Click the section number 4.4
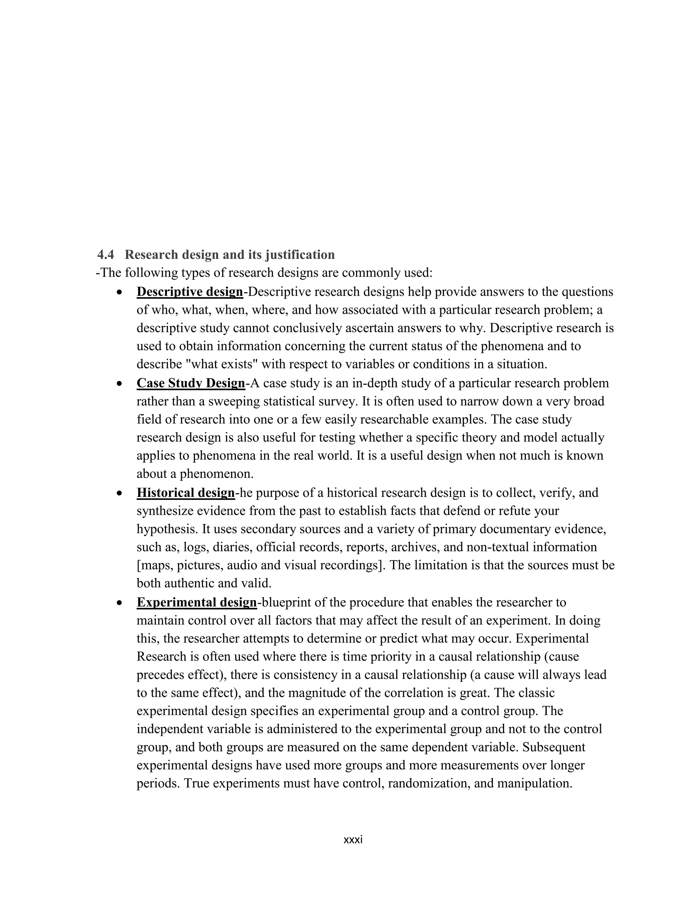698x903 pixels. click(x=106, y=255)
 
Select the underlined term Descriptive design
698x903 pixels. click(x=190, y=292)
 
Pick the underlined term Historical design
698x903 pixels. click(x=186, y=493)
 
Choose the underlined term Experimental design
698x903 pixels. click(x=197, y=602)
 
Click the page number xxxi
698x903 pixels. click(x=353, y=840)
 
